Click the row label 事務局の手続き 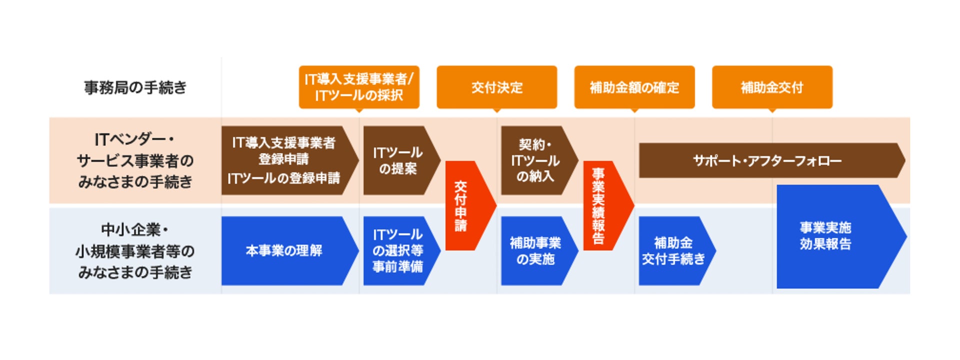point(135,87)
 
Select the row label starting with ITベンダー point(135,160)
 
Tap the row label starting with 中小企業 point(135,251)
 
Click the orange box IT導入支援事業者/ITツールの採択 point(359,87)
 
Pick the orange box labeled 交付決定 point(496,87)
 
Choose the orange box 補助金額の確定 point(634,87)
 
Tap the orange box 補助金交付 point(772,87)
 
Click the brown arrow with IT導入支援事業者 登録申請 point(285,160)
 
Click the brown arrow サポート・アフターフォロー point(767,160)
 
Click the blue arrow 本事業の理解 point(285,250)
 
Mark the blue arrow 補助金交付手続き point(673,250)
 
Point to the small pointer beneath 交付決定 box point(496,110)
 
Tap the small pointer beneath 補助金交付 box point(772,110)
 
